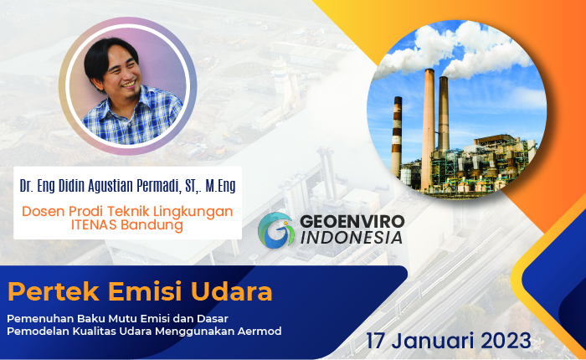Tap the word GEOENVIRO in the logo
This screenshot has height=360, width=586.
pos(351,220)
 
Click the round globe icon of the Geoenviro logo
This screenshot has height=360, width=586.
pos(275,229)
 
